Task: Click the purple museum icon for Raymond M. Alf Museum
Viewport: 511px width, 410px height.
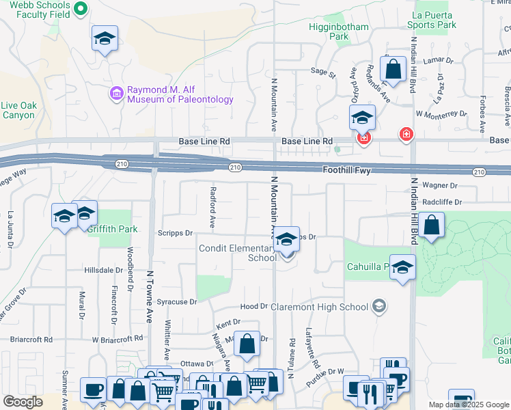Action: [115, 92]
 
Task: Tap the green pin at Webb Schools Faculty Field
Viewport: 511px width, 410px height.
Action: [80, 9]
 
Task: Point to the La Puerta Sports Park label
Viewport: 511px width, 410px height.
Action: [431, 19]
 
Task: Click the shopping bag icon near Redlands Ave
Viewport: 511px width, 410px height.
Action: [393, 68]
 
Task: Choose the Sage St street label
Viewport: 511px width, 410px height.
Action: [323, 71]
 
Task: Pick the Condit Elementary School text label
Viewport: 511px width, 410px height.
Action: [237, 253]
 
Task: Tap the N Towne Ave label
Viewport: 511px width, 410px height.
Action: [150, 295]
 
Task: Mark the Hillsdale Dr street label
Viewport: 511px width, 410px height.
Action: [103, 271]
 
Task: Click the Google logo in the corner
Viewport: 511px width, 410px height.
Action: [23, 402]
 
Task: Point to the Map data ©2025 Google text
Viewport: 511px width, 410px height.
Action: [469, 405]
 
